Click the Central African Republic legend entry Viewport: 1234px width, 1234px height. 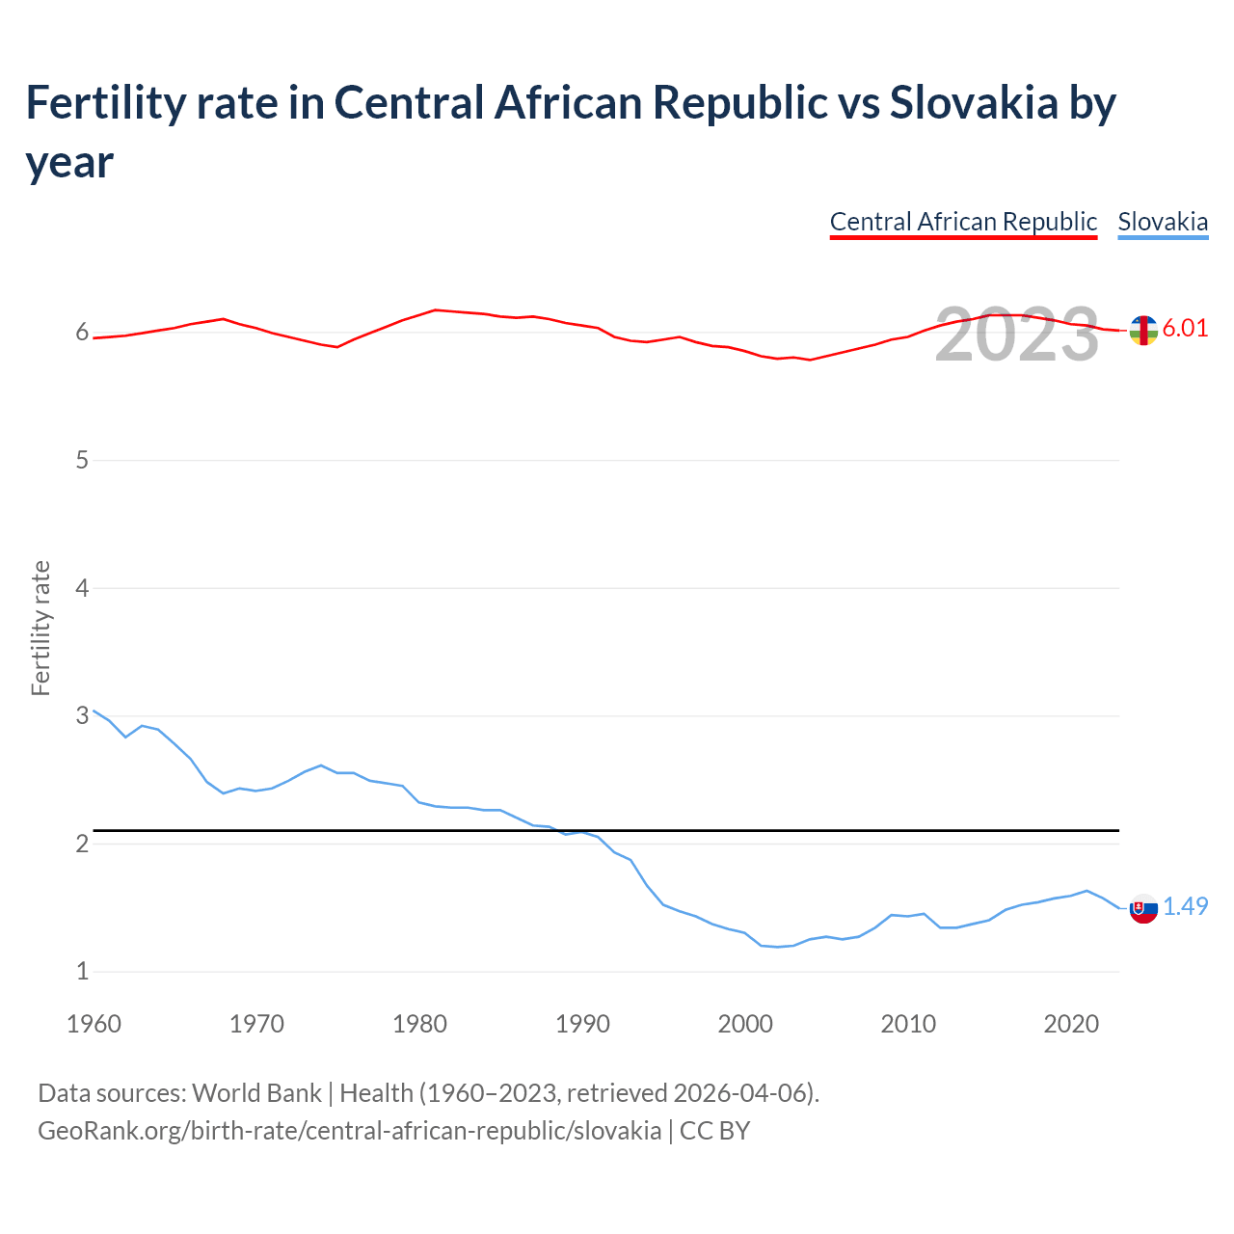point(963,222)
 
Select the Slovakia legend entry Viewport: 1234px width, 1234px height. point(1163,222)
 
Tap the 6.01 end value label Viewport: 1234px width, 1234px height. point(1185,328)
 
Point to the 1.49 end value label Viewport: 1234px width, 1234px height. point(1185,906)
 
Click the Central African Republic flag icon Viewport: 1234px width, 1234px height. point(1143,330)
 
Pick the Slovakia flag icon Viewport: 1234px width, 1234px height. point(1143,908)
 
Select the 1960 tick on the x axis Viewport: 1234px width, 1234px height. point(94,1024)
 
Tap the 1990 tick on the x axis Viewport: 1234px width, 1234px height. point(582,1024)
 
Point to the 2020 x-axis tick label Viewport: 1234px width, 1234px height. point(1071,1024)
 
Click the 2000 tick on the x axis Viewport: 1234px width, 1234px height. point(745,1024)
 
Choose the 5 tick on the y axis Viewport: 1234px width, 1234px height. point(82,460)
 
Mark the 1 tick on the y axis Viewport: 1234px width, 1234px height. point(82,971)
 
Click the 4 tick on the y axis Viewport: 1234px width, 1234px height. point(82,588)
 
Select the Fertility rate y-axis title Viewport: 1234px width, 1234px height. point(40,628)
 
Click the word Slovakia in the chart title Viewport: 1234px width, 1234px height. point(974,102)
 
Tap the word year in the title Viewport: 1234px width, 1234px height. point(69,162)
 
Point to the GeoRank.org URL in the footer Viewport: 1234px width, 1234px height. point(349,1130)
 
